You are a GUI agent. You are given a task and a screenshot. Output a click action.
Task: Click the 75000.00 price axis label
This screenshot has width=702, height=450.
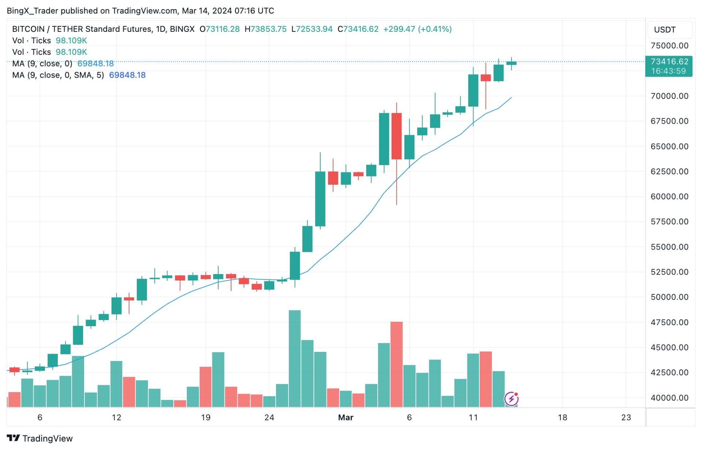click(669, 46)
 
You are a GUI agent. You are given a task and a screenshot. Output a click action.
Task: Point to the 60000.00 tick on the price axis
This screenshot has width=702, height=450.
click(669, 197)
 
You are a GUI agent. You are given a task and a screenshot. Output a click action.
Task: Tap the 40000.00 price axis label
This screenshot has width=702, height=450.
click(669, 398)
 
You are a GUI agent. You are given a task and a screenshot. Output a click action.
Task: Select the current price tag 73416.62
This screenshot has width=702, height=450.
click(669, 62)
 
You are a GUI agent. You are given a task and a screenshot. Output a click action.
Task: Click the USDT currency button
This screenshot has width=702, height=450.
click(664, 30)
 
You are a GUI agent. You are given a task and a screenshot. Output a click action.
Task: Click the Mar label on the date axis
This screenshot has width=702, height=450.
click(346, 417)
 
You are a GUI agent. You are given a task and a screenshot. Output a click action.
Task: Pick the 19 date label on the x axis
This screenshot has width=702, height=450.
click(205, 417)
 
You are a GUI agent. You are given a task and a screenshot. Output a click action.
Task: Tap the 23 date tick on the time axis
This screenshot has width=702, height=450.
click(626, 417)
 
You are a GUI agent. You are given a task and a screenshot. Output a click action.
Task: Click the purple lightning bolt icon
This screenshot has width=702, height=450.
click(511, 399)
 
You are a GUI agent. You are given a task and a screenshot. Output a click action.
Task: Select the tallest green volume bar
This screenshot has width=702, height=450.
click(295, 358)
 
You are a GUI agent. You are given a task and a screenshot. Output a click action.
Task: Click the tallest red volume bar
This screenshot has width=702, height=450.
click(396, 364)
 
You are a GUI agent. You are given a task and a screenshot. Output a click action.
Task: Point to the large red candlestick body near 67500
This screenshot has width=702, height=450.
click(396, 136)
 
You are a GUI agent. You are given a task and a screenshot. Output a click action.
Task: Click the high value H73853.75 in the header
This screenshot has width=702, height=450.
click(265, 29)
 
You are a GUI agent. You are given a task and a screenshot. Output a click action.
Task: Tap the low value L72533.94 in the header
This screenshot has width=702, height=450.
click(312, 29)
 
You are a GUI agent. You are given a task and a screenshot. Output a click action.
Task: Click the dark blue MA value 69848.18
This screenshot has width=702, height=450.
click(127, 75)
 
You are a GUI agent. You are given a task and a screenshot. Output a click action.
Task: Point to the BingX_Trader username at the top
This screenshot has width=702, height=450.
click(32, 11)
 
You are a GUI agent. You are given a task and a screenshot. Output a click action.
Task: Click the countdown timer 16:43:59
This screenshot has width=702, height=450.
click(668, 71)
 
